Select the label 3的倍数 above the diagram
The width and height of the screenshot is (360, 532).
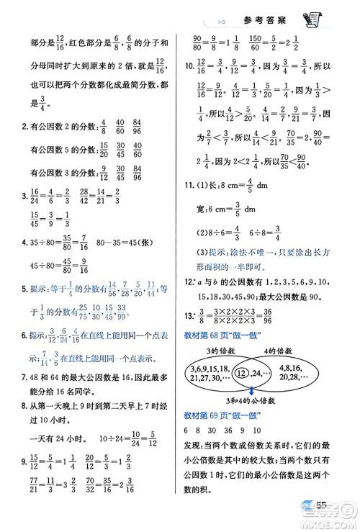click(215, 350)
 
